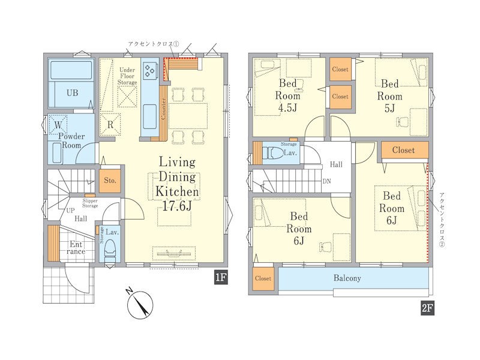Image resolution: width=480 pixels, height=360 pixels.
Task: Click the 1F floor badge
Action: coord(221,277)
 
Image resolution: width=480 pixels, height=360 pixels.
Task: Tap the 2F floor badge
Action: coord(427,308)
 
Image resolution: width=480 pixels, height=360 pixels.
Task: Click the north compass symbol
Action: coord(140,304)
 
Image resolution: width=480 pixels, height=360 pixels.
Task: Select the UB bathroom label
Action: coord(72,93)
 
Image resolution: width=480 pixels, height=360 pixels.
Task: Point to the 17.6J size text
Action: coord(177,206)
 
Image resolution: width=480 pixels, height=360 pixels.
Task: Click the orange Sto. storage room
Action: coord(110,181)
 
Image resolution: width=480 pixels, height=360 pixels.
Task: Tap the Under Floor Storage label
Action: coord(127,76)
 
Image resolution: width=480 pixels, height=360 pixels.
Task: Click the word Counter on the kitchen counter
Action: coord(163,109)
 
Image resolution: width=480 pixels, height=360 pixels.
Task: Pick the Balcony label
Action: coord(347,278)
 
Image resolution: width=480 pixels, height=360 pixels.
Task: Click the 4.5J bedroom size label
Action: coord(287,107)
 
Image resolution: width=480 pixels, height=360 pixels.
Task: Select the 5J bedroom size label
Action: coord(389,108)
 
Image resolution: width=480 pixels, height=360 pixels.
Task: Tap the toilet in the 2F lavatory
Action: coord(273,152)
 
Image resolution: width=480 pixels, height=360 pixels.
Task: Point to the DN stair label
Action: coord(326,181)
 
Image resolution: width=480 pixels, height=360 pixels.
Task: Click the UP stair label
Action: coord(70,211)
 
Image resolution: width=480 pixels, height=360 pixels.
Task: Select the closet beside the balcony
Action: coord(263,278)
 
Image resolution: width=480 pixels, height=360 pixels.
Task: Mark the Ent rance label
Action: coord(76,248)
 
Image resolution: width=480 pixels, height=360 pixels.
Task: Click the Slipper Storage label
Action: coord(90,203)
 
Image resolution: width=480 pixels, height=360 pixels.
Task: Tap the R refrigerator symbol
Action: coord(110,125)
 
